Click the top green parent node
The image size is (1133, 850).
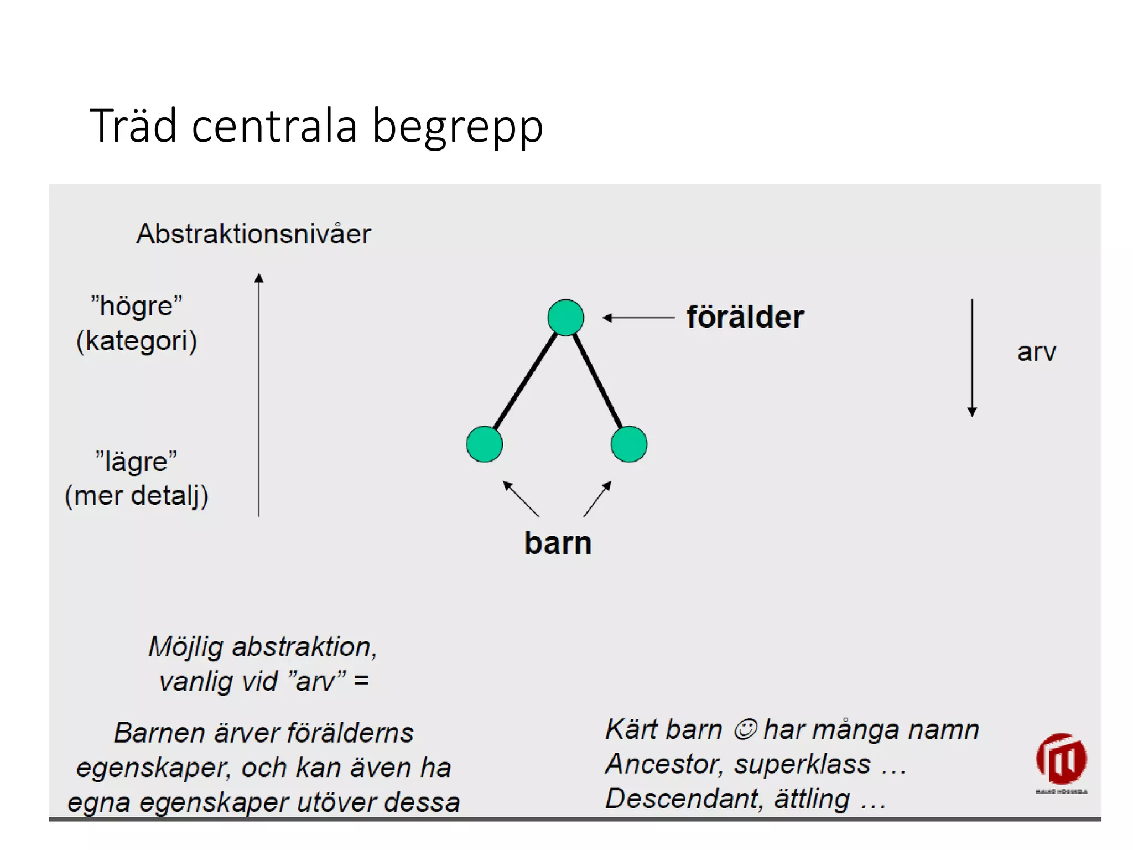(565, 318)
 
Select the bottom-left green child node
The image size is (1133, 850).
(485, 444)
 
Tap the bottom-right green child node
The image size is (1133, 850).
(629, 444)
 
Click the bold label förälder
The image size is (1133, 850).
(745, 317)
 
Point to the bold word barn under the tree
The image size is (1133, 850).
(558, 543)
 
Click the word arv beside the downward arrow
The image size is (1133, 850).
(1036, 352)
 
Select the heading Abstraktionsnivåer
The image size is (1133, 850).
(253, 234)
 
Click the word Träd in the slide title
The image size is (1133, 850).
(133, 126)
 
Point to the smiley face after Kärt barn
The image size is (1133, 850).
(745, 729)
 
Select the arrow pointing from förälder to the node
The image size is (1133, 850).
(638, 318)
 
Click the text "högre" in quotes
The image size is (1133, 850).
(137, 306)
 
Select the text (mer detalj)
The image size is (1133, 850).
(137, 495)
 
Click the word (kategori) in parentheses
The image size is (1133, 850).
(137, 341)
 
